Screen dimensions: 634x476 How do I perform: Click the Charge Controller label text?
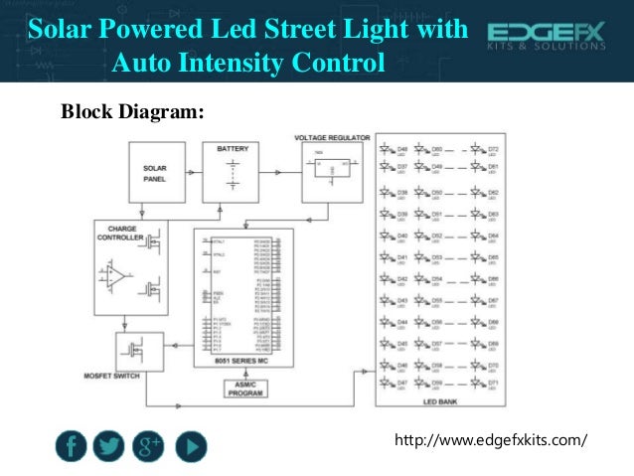tap(120, 233)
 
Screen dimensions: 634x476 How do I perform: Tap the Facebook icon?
tap(72, 448)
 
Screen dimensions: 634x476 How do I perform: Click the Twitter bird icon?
tap(109, 448)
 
